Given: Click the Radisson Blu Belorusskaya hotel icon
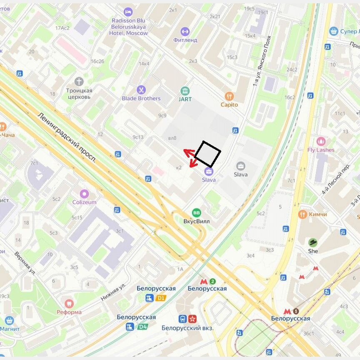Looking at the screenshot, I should pos(128,12).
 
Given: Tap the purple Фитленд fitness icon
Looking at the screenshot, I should pos(185,31).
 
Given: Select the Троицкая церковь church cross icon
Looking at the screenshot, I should pos(79,81).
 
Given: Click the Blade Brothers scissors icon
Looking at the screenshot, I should pos(141,90).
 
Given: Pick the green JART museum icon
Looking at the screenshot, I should pos(185,91).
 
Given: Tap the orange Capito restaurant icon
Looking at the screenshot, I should pos(229,96).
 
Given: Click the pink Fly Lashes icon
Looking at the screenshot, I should pos(320,141).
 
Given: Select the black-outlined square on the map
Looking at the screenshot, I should pos(207,154).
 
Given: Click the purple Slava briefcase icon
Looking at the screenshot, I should pos(209,171).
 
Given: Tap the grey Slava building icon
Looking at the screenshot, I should pos(240,166).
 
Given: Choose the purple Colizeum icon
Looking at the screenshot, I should pos(84,194).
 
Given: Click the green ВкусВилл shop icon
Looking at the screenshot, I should pos(196,213).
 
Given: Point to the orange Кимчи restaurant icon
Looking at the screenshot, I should pos(303,214).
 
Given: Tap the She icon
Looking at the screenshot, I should pos(313,242).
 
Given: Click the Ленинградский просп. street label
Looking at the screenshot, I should pos(67,138).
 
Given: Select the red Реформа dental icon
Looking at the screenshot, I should pos(69,303).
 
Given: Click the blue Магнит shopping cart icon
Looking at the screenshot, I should pos(9,320).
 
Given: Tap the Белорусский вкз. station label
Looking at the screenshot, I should pos(187,328).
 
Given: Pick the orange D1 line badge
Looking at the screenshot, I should pos(160,298).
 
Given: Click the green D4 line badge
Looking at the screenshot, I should pos(142,327).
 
